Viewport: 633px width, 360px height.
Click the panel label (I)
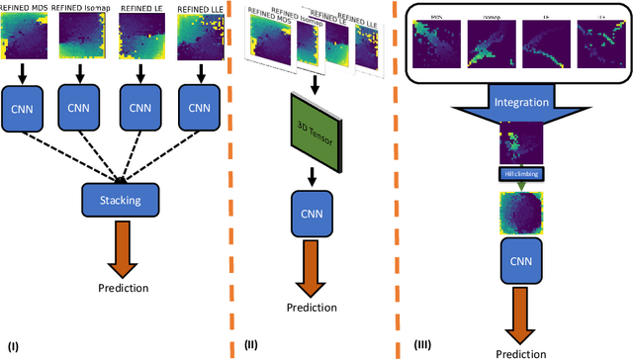coord(14,345)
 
